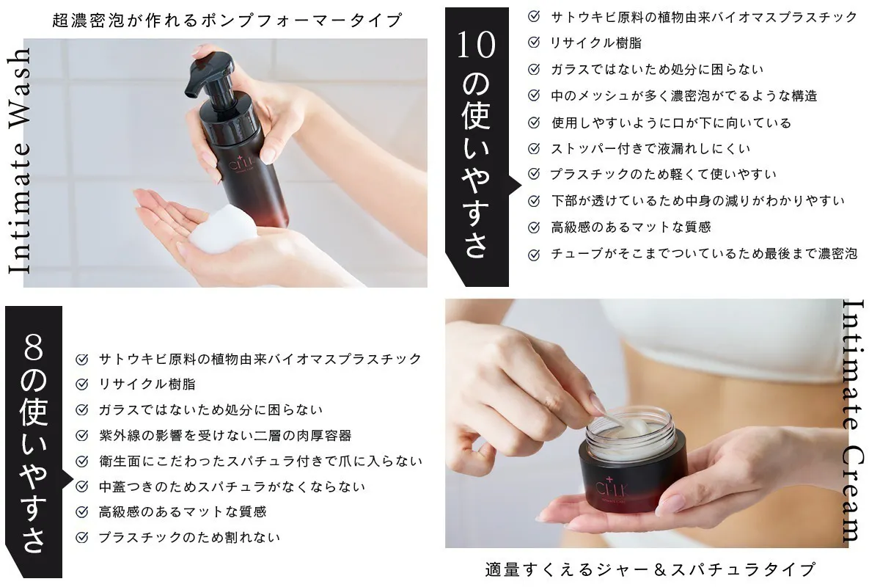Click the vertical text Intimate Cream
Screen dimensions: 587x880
point(853,421)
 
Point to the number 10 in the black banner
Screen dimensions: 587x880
point(476,45)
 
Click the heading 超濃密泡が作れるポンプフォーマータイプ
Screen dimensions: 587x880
point(227,21)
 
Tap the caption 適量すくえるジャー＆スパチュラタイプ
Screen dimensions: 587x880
point(650,569)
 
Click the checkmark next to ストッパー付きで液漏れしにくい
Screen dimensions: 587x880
point(535,149)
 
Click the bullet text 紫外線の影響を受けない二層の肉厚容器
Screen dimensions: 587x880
point(225,436)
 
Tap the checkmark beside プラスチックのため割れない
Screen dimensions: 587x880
point(82,538)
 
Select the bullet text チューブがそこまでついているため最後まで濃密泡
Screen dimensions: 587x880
point(703,254)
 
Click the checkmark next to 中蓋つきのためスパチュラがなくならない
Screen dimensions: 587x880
point(82,486)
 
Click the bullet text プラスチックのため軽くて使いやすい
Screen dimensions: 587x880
point(663,175)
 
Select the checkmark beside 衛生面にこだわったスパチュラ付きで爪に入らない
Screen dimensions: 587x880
point(82,462)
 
